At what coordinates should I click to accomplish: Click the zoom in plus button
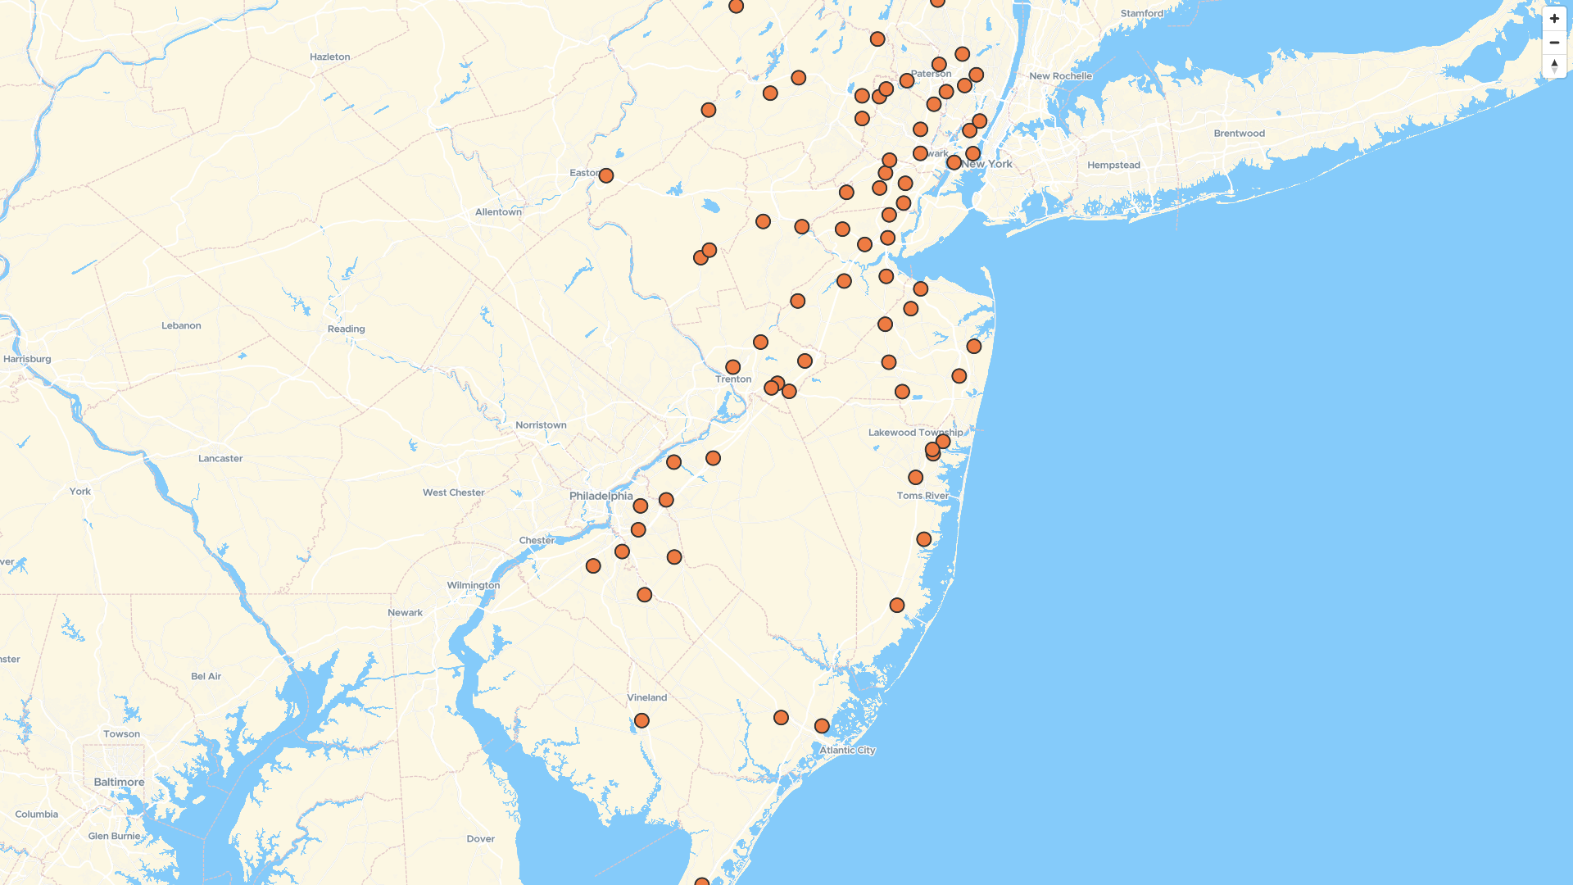tap(1554, 19)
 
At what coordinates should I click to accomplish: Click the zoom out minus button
tap(1554, 43)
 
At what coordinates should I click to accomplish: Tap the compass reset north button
tap(1554, 66)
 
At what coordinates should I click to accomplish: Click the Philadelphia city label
tap(601, 496)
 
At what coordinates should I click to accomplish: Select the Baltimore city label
tap(119, 782)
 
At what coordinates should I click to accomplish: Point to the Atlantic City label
tap(847, 750)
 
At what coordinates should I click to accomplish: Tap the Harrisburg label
tap(27, 359)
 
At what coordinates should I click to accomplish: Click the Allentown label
tap(498, 212)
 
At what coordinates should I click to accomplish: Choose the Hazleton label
tap(329, 57)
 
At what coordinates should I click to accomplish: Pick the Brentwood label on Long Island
tap(1239, 134)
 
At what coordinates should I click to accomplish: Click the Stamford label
tap(1141, 13)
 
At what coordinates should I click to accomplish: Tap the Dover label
tap(480, 838)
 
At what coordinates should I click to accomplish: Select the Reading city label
tap(346, 329)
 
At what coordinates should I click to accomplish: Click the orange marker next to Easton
tap(606, 175)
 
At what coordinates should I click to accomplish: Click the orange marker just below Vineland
tap(641, 721)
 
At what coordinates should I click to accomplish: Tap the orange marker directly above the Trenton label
tap(733, 367)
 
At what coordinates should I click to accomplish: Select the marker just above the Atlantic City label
tap(822, 726)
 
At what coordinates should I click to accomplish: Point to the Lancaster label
tap(220, 458)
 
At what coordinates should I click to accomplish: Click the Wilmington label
tap(473, 585)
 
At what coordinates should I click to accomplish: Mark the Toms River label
tap(922, 496)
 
